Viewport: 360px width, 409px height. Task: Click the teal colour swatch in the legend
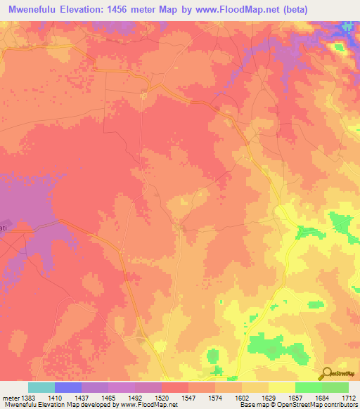pos(41,387)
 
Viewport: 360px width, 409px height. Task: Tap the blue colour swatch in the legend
pos(68,387)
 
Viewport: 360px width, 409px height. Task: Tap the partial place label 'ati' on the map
pos(4,228)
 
